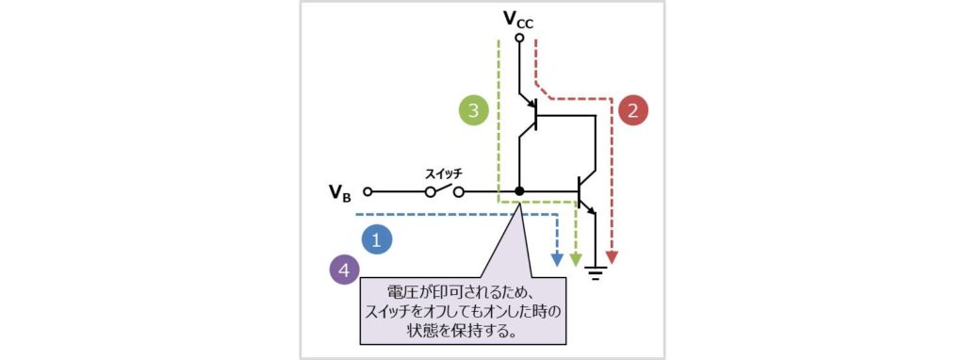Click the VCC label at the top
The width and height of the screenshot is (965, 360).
[518, 18]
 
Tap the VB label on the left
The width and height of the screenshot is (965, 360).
[340, 192]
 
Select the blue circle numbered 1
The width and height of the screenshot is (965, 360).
[377, 239]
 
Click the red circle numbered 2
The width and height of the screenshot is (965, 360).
[634, 109]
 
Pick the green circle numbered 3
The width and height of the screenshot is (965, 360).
[474, 109]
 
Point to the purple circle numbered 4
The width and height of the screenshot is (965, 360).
[346, 270]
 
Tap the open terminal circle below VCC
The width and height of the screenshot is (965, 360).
[519, 39]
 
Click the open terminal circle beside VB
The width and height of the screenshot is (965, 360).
[368, 191]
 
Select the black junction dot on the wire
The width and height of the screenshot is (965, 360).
[519, 191]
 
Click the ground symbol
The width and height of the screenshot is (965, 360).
[595, 273]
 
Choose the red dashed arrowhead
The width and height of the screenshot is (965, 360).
[613, 256]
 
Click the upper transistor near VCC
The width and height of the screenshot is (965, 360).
[532, 116]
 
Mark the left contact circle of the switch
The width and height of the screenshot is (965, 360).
[430, 191]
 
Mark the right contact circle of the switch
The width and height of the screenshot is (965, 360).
[459, 191]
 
